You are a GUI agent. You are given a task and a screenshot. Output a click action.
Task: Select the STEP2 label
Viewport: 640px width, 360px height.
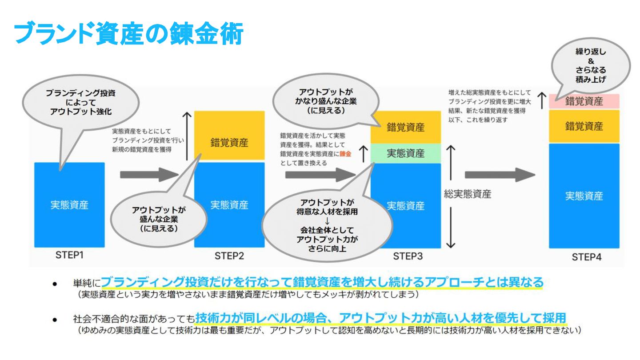(229, 256)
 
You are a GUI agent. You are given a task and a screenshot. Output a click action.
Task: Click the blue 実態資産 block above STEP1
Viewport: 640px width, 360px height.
(69, 205)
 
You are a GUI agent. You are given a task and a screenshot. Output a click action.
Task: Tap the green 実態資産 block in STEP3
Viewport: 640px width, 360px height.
(405, 153)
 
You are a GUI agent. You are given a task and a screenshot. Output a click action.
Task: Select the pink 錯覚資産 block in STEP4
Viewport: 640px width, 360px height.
(584, 101)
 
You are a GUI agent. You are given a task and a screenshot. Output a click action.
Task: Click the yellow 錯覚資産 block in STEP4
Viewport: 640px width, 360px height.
(584, 126)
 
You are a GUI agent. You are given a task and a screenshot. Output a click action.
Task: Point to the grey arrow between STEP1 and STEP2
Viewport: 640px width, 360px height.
(149, 174)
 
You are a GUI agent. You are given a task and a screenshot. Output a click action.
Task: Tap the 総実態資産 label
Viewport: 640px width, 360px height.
(467, 195)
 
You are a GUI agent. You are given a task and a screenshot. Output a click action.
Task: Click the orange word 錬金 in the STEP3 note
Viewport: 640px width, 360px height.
(344, 153)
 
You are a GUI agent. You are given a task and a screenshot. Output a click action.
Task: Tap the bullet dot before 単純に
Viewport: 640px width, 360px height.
(54, 283)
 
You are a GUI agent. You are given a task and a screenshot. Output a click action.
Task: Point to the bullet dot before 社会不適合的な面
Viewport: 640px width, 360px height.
(54, 319)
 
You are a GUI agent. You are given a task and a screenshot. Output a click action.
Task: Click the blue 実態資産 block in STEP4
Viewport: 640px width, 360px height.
(584, 196)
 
